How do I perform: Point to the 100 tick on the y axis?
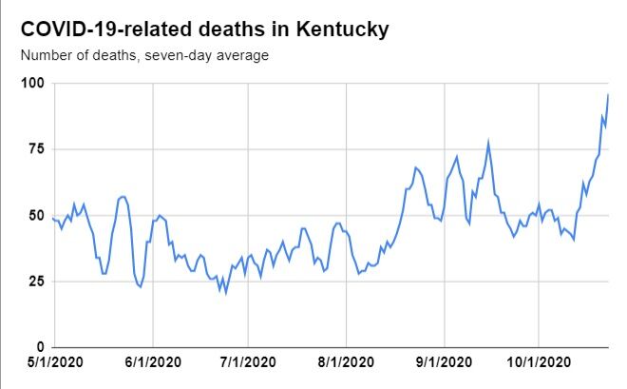[33, 84]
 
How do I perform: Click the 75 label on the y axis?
[37, 149]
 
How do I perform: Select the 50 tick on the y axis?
[37, 216]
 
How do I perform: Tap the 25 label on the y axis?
[37, 282]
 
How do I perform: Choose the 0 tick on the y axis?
[41, 347]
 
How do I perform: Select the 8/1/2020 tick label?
[346, 363]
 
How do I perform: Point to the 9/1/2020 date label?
[444, 363]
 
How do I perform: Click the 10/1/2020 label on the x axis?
[539, 363]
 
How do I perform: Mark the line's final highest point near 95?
[608, 95]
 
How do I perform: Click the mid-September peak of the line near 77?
[488, 143]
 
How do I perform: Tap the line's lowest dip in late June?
[225, 292]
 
